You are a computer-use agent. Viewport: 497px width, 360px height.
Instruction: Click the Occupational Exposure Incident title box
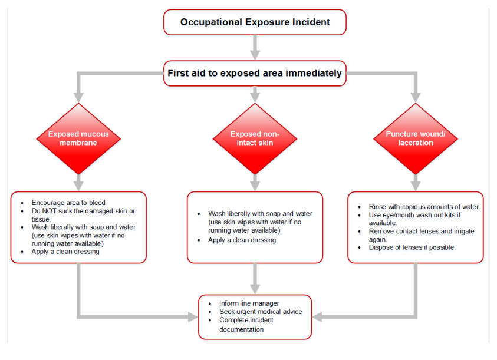point(255,23)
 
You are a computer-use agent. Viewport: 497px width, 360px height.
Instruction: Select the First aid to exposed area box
point(255,74)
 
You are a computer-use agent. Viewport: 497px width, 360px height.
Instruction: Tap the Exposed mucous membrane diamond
point(78,138)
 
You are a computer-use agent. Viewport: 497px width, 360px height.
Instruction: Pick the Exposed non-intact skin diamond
point(255,138)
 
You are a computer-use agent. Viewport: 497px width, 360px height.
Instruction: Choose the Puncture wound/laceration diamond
point(415,138)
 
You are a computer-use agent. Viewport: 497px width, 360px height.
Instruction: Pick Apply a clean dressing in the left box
point(65,252)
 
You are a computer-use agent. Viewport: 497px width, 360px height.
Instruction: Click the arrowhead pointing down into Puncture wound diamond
point(415,97)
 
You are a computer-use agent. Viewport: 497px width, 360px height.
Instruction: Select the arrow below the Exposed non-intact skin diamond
point(255,183)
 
